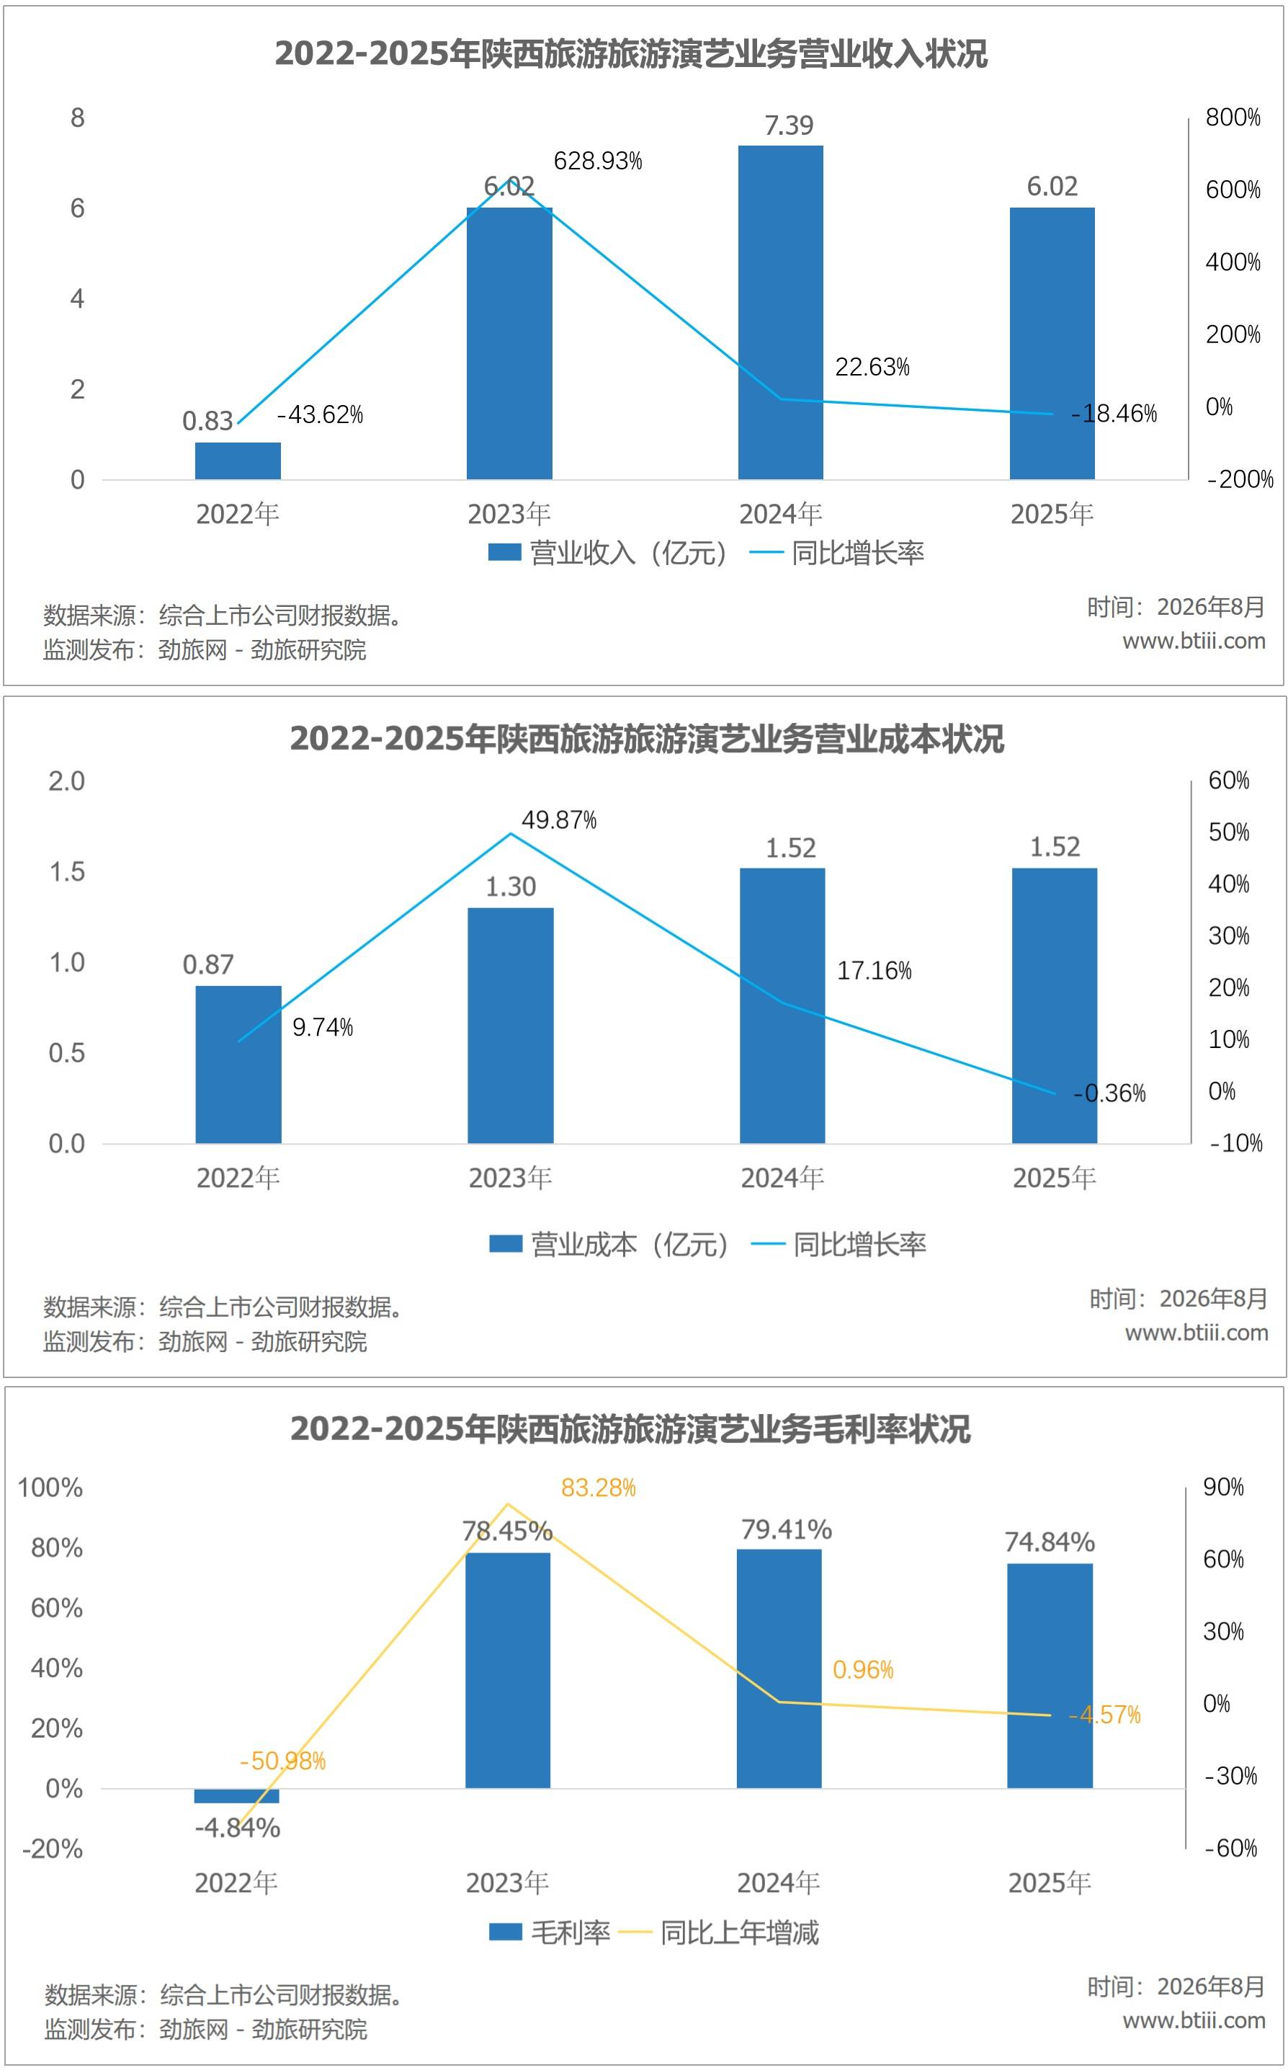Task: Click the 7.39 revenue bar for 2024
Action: tap(780, 313)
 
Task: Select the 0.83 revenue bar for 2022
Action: tap(238, 461)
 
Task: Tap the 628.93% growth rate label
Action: tap(598, 161)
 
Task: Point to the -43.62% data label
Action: tap(321, 415)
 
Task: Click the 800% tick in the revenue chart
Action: tap(1233, 117)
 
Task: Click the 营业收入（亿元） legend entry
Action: tap(608, 553)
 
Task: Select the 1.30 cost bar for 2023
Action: tap(510, 1025)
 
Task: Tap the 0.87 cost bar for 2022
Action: tap(238, 1065)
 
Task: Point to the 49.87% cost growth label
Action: tap(559, 819)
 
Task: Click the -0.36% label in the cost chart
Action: tap(1109, 1093)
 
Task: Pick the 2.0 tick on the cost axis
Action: tap(66, 781)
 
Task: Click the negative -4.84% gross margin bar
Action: tap(237, 1795)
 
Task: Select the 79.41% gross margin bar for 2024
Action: tap(779, 1669)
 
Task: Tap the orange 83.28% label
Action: tap(598, 1488)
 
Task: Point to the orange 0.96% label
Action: tap(863, 1669)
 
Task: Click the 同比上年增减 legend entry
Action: tap(718, 1932)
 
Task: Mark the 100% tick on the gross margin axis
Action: tap(50, 1487)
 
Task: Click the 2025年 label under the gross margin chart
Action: tap(1050, 1883)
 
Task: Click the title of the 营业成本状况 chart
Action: tap(647, 739)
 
